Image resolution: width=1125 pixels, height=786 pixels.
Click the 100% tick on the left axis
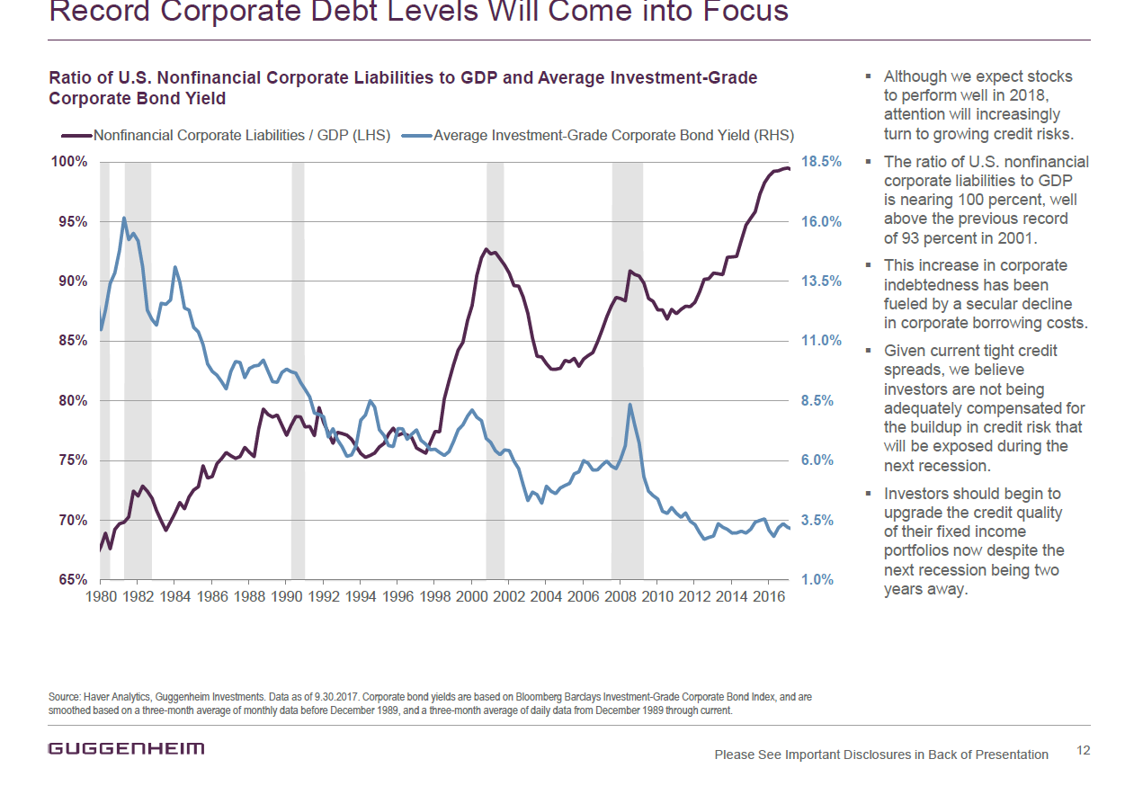coord(69,162)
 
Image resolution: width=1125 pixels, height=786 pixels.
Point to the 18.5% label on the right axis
coord(821,161)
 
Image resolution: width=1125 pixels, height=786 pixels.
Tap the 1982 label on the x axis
coord(138,596)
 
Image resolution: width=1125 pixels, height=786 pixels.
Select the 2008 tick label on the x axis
coord(621,596)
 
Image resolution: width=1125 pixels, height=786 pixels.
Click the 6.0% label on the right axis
coord(817,460)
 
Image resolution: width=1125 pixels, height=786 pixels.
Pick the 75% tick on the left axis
coord(73,460)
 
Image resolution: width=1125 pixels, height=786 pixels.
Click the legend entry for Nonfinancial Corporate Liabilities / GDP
coord(226,136)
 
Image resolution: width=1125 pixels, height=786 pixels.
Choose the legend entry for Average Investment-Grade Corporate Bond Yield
coord(598,136)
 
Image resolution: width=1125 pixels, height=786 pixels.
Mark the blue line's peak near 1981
coord(123,219)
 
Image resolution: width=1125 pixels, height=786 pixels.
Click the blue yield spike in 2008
coord(629,405)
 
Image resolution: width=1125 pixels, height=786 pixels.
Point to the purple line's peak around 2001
coord(486,249)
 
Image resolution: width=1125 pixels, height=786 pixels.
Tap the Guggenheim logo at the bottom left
coord(126,748)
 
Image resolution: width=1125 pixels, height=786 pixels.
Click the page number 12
coord(1084,750)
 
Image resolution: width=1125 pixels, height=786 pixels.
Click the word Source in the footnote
coord(64,697)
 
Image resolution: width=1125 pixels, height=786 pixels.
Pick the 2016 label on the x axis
coord(768,596)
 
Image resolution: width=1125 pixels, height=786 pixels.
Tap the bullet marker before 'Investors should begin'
coord(868,493)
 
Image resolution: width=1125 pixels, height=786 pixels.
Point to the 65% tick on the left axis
coord(73,579)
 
